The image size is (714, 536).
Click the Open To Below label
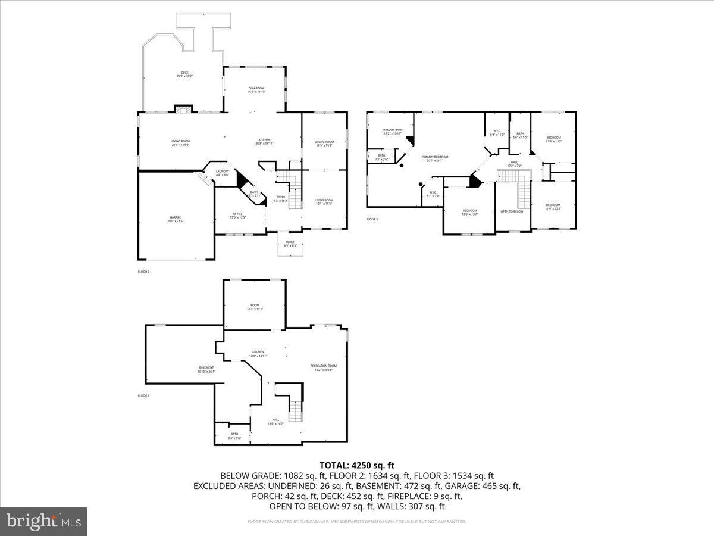click(x=512, y=211)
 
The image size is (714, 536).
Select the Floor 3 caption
click(x=372, y=219)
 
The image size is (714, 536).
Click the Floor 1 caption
click(x=143, y=395)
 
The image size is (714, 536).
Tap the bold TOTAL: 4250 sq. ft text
click(x=357, y=465)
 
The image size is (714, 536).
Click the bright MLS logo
click(x=43, y=521)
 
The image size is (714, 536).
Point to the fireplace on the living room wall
click(x=183, y=109)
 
